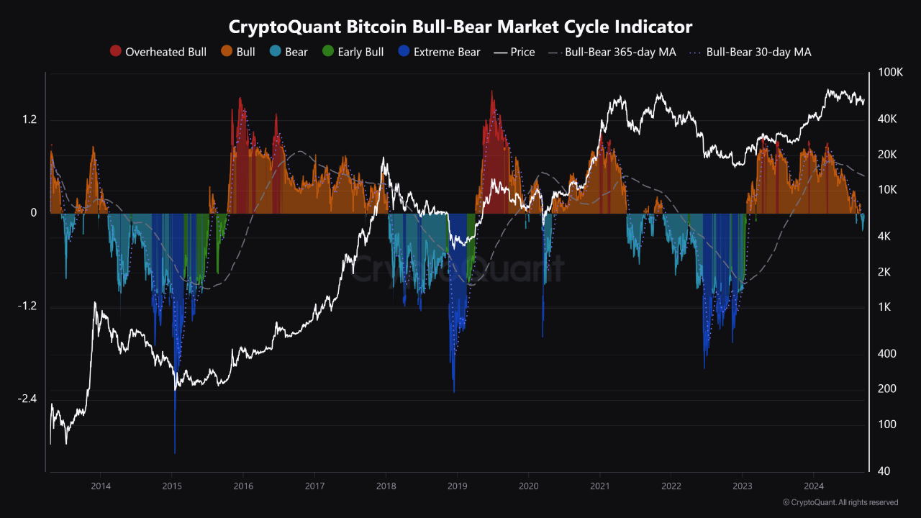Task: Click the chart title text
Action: [x=460, y=27]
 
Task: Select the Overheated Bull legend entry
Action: [x=158, y=52]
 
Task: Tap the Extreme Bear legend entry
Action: [x=439, y=52]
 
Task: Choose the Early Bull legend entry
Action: [x=353, y=52]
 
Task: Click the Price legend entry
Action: [x=514, y=52]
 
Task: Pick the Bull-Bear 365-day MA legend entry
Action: [x=612, y=52]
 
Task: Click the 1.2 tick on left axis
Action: [x=29, y=120]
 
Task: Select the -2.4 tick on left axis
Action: [x=27, y=399]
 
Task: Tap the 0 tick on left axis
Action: [x=32, y=213]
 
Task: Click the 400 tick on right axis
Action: [x=886, y=353]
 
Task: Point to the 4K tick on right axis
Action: [x=884, y=236]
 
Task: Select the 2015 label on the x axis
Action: [x=172, y=486]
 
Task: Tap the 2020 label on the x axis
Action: [x=529, y=486]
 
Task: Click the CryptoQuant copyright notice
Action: [x=840, y=502]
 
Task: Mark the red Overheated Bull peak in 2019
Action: [x=492, y=94]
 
